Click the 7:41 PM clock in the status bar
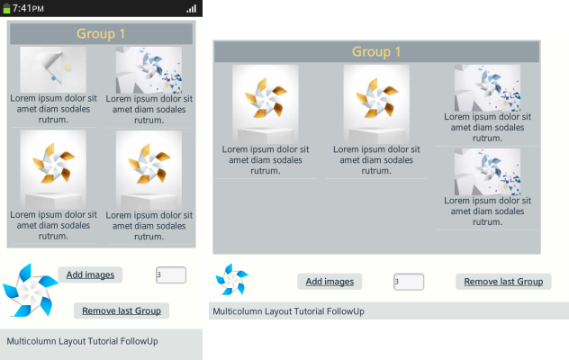(x=28, y=8)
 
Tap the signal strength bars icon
(x=191, y=9)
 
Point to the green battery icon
(x=6, y=9)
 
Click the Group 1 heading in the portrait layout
(x=101, y=34)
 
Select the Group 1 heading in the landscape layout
(x=376, y=51)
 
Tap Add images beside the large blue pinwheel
(x=90, y=274)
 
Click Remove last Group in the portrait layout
(x=122, y=310)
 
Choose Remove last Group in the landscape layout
(x=503, y=282)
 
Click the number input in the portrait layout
(x=171, y=275)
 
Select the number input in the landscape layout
(x=409, y=282)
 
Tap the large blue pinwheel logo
(x=31, y=291)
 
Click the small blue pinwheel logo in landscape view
(x=231, y=279)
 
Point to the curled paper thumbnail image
(x=53, y=69)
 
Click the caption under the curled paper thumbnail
(x=53, y=109)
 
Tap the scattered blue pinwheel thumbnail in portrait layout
(x=149, y=70)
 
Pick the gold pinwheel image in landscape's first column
(x=266, y=104)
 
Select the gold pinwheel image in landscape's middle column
(x=376, y=104)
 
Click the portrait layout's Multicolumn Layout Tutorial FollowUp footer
(x=82, y=341)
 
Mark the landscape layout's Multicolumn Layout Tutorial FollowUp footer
(x=288, y=311)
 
